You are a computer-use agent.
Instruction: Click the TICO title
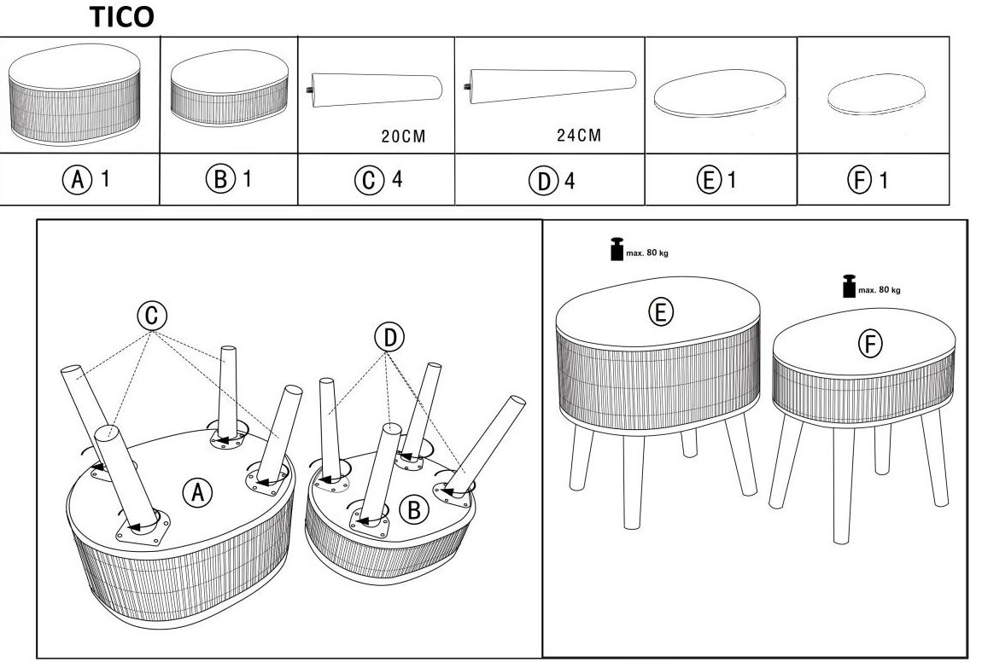click(x=123, y=18)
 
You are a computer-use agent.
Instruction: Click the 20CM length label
click(x=402, y=136)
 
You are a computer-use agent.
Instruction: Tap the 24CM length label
click(x=578, y=135)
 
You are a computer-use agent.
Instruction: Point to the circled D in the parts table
click(x=541, y=181)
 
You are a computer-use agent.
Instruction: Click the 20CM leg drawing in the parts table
click(x=377, y=88)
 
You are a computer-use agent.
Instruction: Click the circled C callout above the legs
click(x=150, y=316)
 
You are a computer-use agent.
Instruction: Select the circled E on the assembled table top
click(x=659, y=312)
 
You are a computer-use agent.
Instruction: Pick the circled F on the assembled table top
click(x=870, y=343)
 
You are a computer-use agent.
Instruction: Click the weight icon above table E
click(x=616, y=251)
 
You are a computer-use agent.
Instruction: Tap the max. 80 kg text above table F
click(x=879, y=290)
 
